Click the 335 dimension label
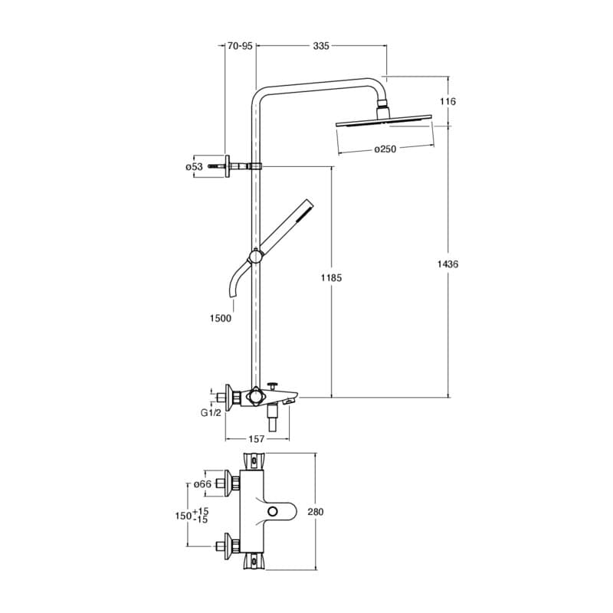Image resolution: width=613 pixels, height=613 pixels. (x=321, y=46)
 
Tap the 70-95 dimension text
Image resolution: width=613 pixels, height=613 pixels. (x=240, y=46)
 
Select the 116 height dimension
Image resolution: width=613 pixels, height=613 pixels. (x=449, y=101)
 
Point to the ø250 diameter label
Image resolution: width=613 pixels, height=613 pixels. (x=385, y=149)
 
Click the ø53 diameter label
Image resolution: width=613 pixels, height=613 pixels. (x=194, y=166)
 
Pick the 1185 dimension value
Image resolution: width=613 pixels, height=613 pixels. (x=332, y=277)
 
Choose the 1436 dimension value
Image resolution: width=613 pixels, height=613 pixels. (x=449, y=264)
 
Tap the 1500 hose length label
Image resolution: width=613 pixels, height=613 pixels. (x=221, y=318)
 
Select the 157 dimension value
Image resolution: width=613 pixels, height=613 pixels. (x=257, y=439)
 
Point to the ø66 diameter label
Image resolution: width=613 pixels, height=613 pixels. (x=202, y=484)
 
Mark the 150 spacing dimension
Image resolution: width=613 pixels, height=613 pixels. (x=184, y=516)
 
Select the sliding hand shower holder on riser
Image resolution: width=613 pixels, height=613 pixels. (x=255, y=257)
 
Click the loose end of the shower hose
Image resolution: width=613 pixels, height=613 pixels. (x=229, y=293)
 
